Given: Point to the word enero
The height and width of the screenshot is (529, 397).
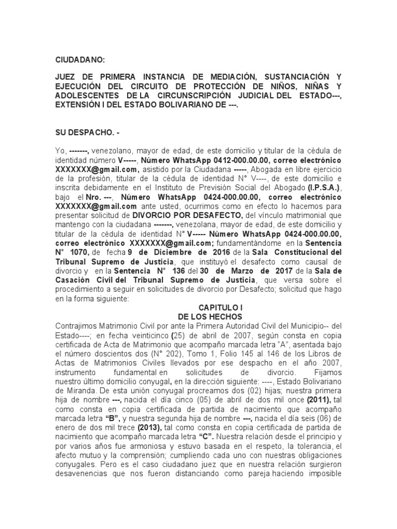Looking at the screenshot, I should [66, 428].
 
